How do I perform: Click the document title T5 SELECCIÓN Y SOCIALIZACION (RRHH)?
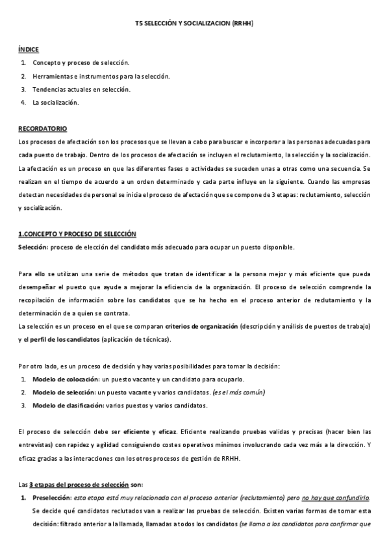[194, 23]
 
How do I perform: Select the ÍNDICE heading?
[29, 49]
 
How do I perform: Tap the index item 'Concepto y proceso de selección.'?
[81, 63]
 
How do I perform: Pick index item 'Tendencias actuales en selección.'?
[81, 89]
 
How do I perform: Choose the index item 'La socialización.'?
[56, 102]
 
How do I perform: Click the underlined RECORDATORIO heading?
[42, 128]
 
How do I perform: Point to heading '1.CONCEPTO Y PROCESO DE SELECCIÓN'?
[77, 234]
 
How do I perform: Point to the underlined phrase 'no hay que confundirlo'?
[336, 498]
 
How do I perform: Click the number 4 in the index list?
[23, 102]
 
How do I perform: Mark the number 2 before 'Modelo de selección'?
[23, 392]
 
